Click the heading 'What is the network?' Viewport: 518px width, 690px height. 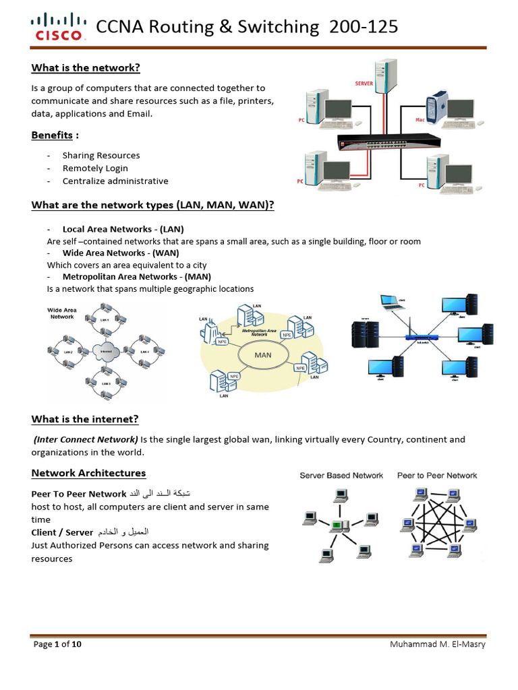pyautogui.click(x=86, y=67)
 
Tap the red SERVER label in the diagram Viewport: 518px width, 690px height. pyautogui.click(x=364, y=84)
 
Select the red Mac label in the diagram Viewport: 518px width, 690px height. pyautogui.click(x=420, y=119)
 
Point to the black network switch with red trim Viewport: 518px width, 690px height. pyautogui.click(x=389, y=141)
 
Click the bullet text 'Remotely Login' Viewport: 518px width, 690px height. pyautogui.click(x=95, y=168)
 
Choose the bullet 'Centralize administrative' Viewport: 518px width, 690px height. pyautogui.click(x=115, y=181)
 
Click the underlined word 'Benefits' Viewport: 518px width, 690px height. pyautogui.click(x=52, y=135)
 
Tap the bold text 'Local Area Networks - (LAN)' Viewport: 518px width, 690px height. pyautogui.click(x=123, y=229)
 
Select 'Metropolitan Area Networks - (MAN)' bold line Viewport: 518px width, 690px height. pyautogui.click(x=136, y=276)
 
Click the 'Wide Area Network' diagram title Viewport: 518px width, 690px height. pyautogui.click(x=61, y=313)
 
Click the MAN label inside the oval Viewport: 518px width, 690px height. pyautogui.click(x=262, y=354)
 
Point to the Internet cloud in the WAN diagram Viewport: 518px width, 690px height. pyautogui.click(x=106, y=352)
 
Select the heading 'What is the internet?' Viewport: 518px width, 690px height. pyautogui.click(x=85, y=419)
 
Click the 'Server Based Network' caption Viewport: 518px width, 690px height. pyautogui.click(x=341, y=476)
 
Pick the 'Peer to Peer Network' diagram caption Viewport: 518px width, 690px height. pyautogui.click(x=437, y=476)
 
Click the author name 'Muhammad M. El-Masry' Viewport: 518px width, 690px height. pyautogui.click(x=437, y=645)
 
